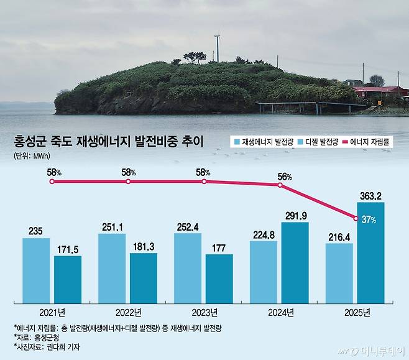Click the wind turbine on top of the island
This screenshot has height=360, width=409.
coord(217,47)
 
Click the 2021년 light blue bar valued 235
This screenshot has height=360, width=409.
coord(36,270)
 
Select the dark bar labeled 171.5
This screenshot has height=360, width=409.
coord(68,279)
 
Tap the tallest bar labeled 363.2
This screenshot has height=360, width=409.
coord(370,252)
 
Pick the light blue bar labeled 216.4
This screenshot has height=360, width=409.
coord(339,273)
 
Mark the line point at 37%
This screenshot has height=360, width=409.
coord(356,218)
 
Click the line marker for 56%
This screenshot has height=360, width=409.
coord(280,185)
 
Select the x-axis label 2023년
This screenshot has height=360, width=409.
coord(204,312)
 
